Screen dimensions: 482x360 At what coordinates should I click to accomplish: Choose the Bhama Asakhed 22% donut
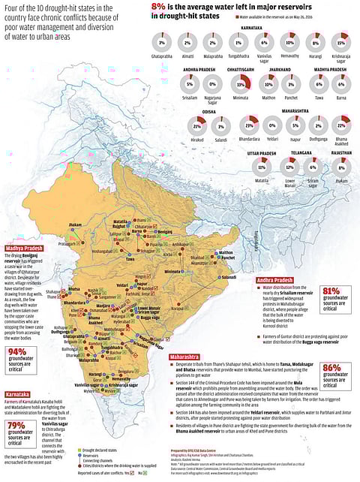341,125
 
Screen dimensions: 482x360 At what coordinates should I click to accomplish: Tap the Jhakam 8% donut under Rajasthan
341,164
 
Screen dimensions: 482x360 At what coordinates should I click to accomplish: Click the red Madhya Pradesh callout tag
25,247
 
